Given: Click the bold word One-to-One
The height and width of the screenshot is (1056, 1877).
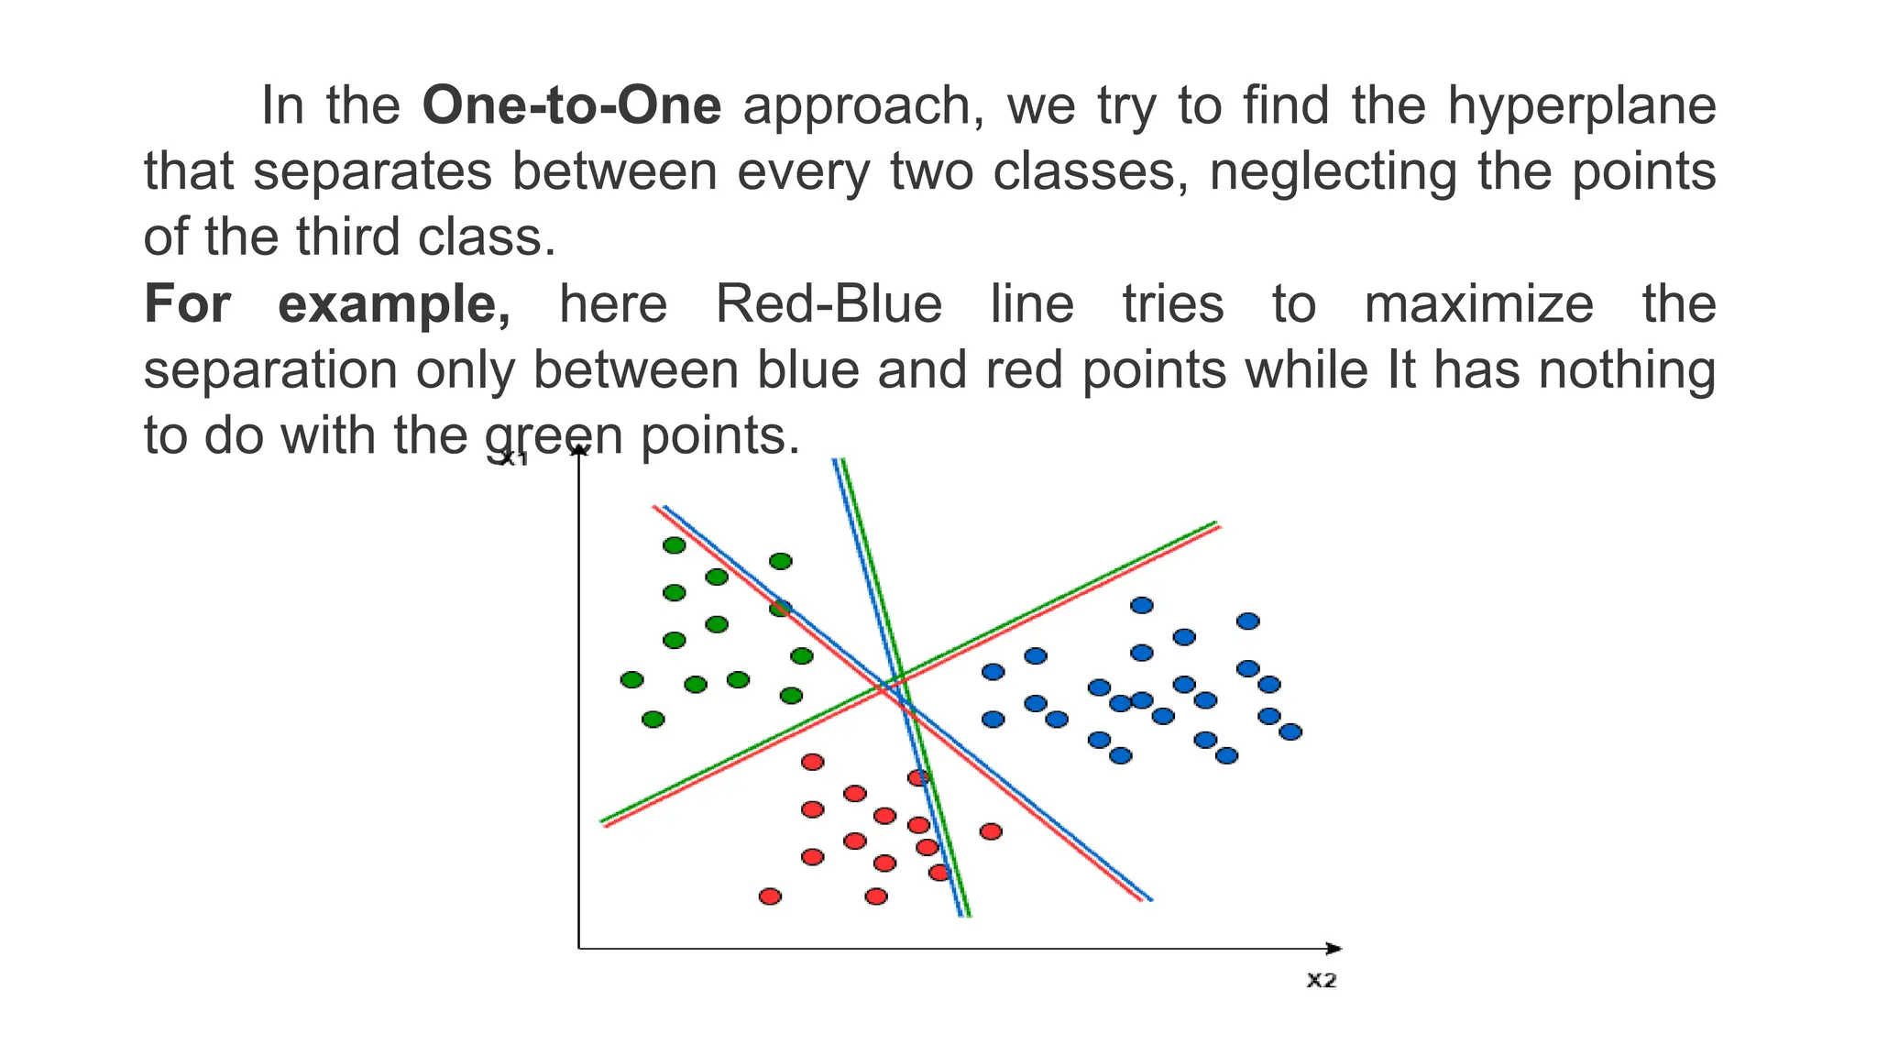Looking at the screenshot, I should point(571,105).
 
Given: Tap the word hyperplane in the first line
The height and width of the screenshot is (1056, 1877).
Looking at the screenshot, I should point(1581,105).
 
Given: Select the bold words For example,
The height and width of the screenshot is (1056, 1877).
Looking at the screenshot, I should point(327,303).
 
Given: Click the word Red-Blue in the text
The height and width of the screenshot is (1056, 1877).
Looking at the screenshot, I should point(829,303).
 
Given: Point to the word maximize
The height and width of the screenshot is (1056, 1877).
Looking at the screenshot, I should point(1478,303).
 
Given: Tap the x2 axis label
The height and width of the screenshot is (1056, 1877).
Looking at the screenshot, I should point(1321,980).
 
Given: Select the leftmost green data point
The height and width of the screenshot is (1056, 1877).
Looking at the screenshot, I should point(631,679).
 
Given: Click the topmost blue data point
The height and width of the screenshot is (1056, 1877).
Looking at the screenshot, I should point(1141,605).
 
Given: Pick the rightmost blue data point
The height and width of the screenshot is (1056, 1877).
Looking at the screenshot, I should point(1290,731).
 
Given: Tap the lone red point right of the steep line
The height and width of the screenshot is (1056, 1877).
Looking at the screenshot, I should point(991,831).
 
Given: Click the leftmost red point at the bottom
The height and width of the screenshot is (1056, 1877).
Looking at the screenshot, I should point(770,896).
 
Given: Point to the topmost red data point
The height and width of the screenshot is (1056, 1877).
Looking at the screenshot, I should point(812,762).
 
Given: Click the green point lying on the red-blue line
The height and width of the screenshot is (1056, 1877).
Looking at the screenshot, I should point(780,608).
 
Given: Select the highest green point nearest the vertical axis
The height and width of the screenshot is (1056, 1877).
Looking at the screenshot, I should point(674,545).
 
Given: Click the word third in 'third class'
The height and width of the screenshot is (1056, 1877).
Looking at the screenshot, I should point(349,237).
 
